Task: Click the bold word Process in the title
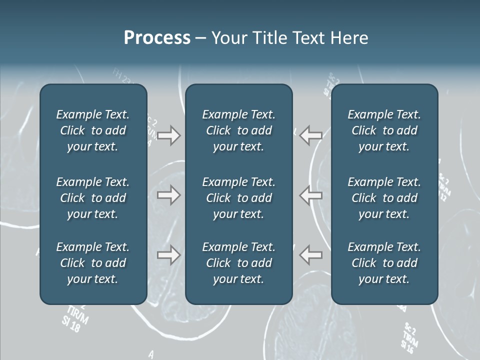pyautogui.click(x=157, y=38)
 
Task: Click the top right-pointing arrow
pyautogui.click(x=168, y=135)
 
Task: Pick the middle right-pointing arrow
pyautogui.click(x=168, y=195)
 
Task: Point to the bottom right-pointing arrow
pyautogui.click(x=168, y=255)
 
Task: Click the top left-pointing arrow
pyautogui.click(x=310, y=135)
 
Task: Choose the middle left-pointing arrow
pyautogui.click(x=310, y=195)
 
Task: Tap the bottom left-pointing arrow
pyautogui.click(x=310, y=255)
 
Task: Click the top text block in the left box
pyautogui.click(x=93, y=130)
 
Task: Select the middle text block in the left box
pyautogui.click(x=93, y=198)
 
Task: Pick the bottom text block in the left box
pyautogui.click(x=93, y=263)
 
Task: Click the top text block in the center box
pyautogui.click(x=238, y=130)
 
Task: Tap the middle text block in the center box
pyautogui.click(x=238, y=198)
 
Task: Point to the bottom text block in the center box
pyautogui.click(x=238, y=263)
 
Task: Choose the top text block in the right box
pyautogui.click(x=384, y=130)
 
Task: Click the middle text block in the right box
pyautogui.click(x=384, y=198)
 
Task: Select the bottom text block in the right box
pyautogui.click(x=384, y=263)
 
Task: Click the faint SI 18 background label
pyautogui.click(x=71, y=325)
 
